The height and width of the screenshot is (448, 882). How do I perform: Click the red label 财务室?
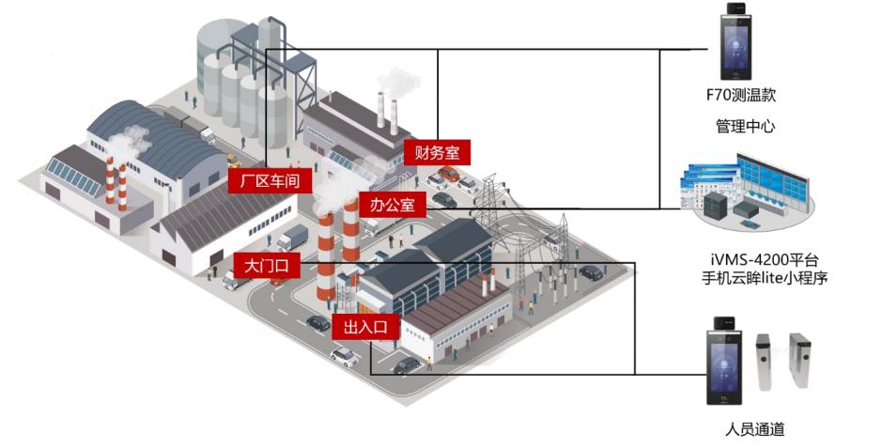point(437,151)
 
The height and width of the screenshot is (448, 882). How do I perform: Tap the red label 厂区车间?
point(270,180)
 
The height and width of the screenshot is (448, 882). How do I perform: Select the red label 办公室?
point(392,204)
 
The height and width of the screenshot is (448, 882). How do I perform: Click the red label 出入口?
point(366,326)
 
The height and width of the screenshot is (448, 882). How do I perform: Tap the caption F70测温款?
point(741,95)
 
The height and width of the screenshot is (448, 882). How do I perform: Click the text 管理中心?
point(745,125)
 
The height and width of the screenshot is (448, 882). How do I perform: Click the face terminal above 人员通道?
point(724,361)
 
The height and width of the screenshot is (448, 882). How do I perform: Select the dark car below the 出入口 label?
point(407,364)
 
